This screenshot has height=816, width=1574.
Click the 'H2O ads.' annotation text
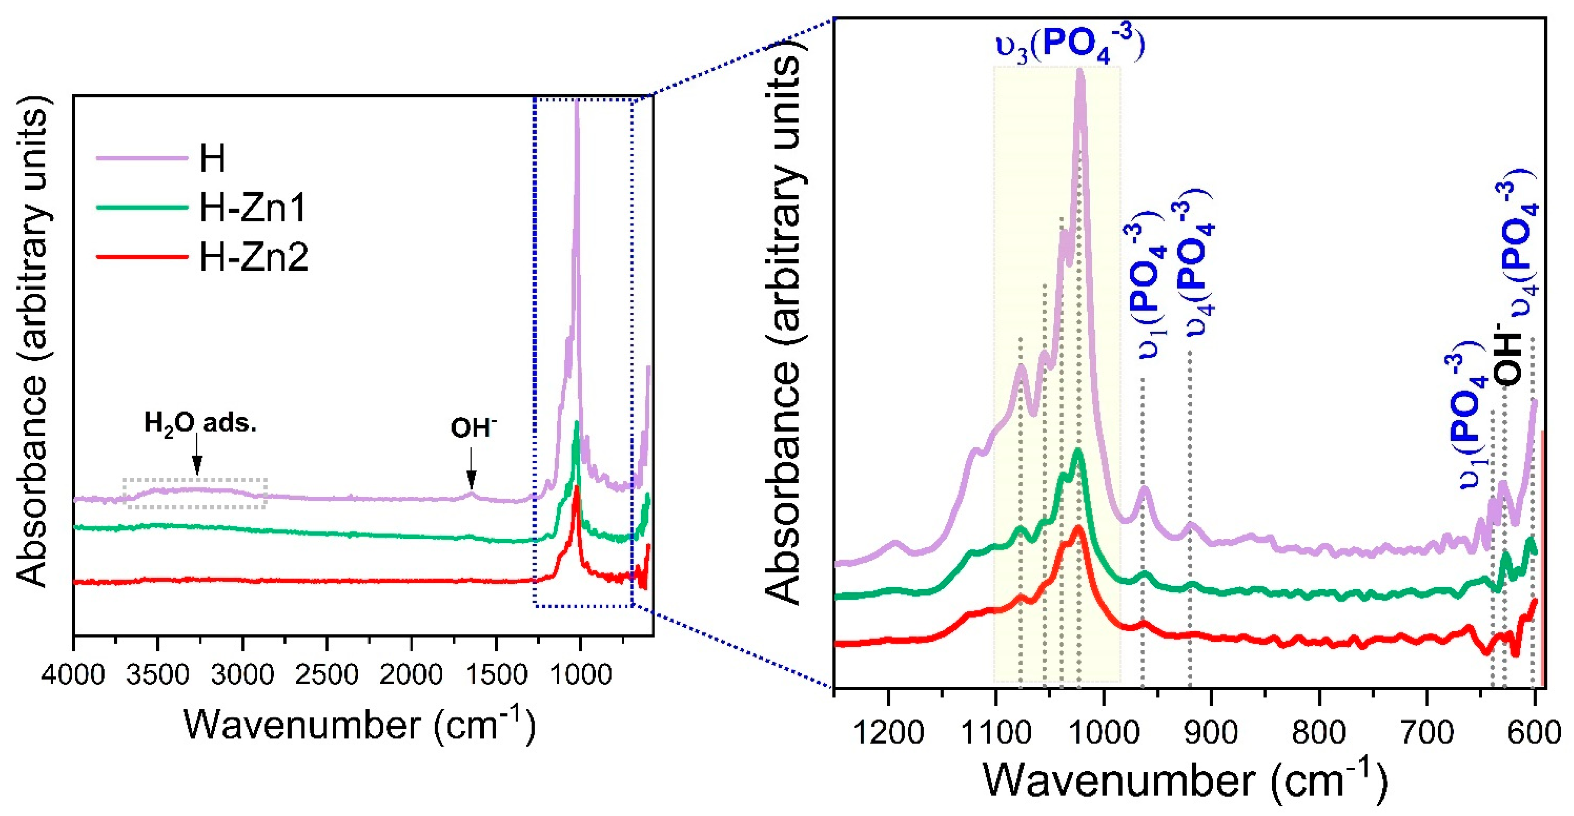[201, 423]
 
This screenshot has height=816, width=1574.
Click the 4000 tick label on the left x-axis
[73, 675]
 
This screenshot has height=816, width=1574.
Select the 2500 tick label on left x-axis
[327, 675]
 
